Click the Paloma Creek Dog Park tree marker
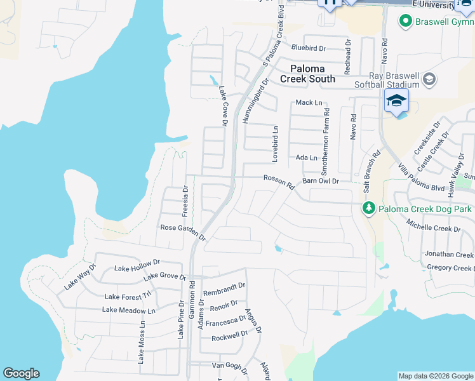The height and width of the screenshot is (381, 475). tap(369, 208)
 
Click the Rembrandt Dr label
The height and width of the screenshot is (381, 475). tap(224, 290)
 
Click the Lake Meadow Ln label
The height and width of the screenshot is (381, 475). tap(129, 311)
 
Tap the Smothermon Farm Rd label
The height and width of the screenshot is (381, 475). tap(325, 141)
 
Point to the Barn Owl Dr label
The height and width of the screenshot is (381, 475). tap(321, 181)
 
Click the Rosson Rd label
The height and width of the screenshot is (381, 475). tap(279, 182)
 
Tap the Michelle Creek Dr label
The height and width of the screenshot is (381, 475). tap(434, 227)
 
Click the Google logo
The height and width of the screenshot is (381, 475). tap(21, 373)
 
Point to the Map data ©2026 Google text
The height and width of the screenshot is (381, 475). tap(435, 376)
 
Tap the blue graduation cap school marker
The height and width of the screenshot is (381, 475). tap(396, 102)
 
